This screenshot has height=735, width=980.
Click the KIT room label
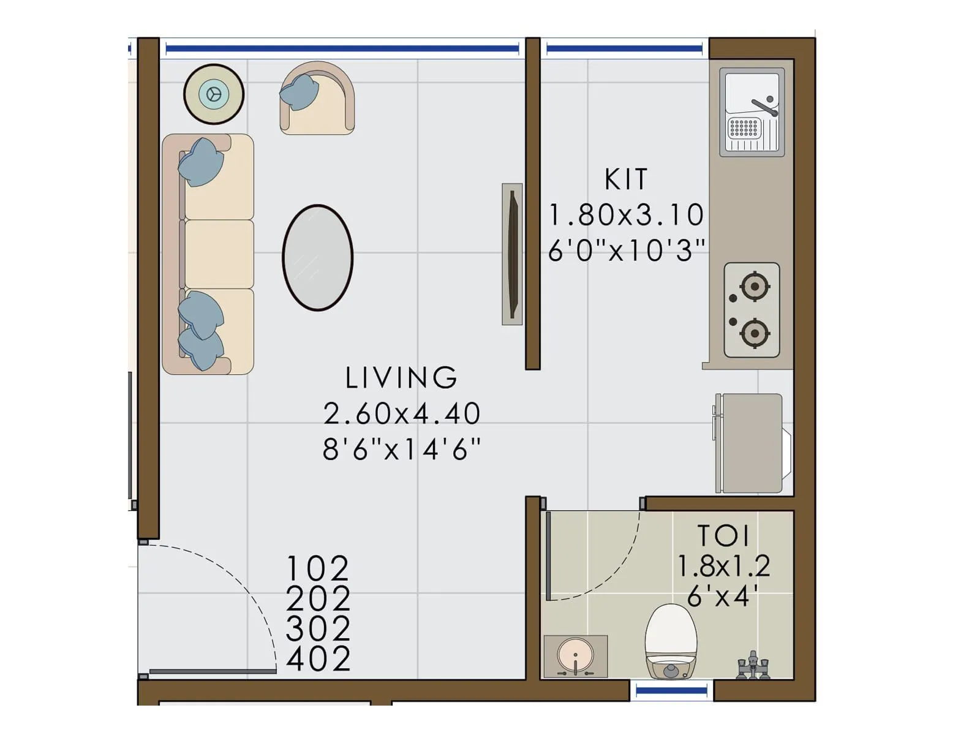tap(625, 179)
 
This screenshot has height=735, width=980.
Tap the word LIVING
tap(401, 378)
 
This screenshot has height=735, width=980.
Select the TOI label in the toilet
tap(723, 536)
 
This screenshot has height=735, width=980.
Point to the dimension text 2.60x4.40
tap(402, 414)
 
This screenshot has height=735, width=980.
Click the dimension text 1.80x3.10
tap(626, 215)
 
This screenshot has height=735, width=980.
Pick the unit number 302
tap(318, 629)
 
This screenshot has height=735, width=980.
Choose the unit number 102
tap(318, 568)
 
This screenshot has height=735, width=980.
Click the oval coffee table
tap(317, 257)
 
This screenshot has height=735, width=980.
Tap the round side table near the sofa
tap(214, 94)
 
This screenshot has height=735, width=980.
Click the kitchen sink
tap(752, 111)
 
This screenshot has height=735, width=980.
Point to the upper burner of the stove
tap(755, 286)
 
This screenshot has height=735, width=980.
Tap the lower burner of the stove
tap(755, 333)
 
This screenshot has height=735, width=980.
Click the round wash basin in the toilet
tap(575, 655)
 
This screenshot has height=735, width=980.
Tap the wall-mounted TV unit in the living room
tap(513, 254)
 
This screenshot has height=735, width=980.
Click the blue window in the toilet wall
tap(671, 691)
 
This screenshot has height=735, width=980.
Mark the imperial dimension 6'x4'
tap(723, 595)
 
